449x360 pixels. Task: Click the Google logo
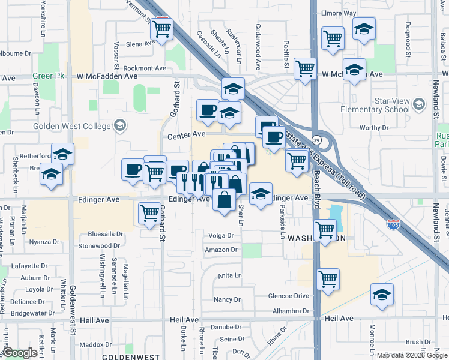(x=19, y=352)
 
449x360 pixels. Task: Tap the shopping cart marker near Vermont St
(x=161, y=28)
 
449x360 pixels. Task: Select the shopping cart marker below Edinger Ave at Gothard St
(x=149, y=212)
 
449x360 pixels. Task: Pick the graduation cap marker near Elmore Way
(x=364, y=28)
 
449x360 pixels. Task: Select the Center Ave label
(x=187, y=136)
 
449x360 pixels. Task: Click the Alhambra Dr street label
(x=289, y=311)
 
